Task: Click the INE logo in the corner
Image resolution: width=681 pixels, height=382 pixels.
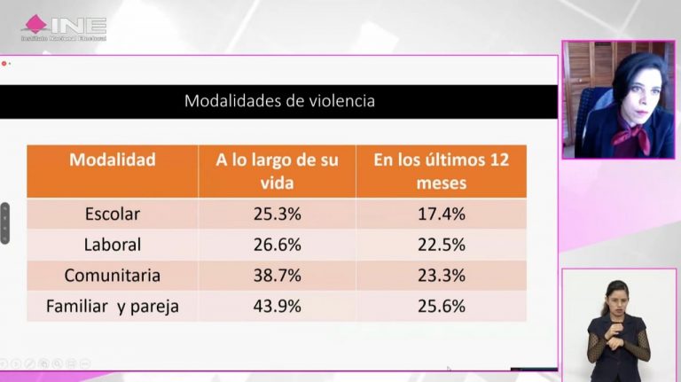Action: tap(64, 27)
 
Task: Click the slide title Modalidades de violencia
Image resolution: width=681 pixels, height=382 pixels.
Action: tap(279, 101)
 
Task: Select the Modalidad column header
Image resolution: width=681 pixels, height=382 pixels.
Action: tap(113, 160)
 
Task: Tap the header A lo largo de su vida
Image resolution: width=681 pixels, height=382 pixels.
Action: tap(277, 172)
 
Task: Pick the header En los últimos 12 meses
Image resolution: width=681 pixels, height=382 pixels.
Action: tap(441, 172)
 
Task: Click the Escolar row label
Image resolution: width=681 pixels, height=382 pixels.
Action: tap(113, 214)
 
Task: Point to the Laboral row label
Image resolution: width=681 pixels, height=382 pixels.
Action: tap(113, 245)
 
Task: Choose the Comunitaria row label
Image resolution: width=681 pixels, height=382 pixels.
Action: tap(113, 276)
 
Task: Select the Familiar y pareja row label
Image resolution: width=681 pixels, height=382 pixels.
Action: tap(113, 307)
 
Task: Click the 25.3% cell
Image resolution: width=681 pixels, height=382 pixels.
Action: tap(277, 214)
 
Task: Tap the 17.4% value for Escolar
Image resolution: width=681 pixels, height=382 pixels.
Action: tap(441, 214)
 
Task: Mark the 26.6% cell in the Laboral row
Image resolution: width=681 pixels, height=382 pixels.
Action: tap(277, 245)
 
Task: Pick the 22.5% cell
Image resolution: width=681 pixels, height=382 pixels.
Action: tap(441, 245)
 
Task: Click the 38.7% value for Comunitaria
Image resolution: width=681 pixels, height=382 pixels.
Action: tap(277, 276)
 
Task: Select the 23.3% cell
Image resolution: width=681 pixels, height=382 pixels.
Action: tap(441, 276)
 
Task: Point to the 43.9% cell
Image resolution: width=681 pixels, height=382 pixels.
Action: tap(277, 307)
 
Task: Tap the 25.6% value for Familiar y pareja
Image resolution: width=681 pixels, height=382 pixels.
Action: tap(441, 307)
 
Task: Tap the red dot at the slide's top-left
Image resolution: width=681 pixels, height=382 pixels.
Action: tap(4, 63)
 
